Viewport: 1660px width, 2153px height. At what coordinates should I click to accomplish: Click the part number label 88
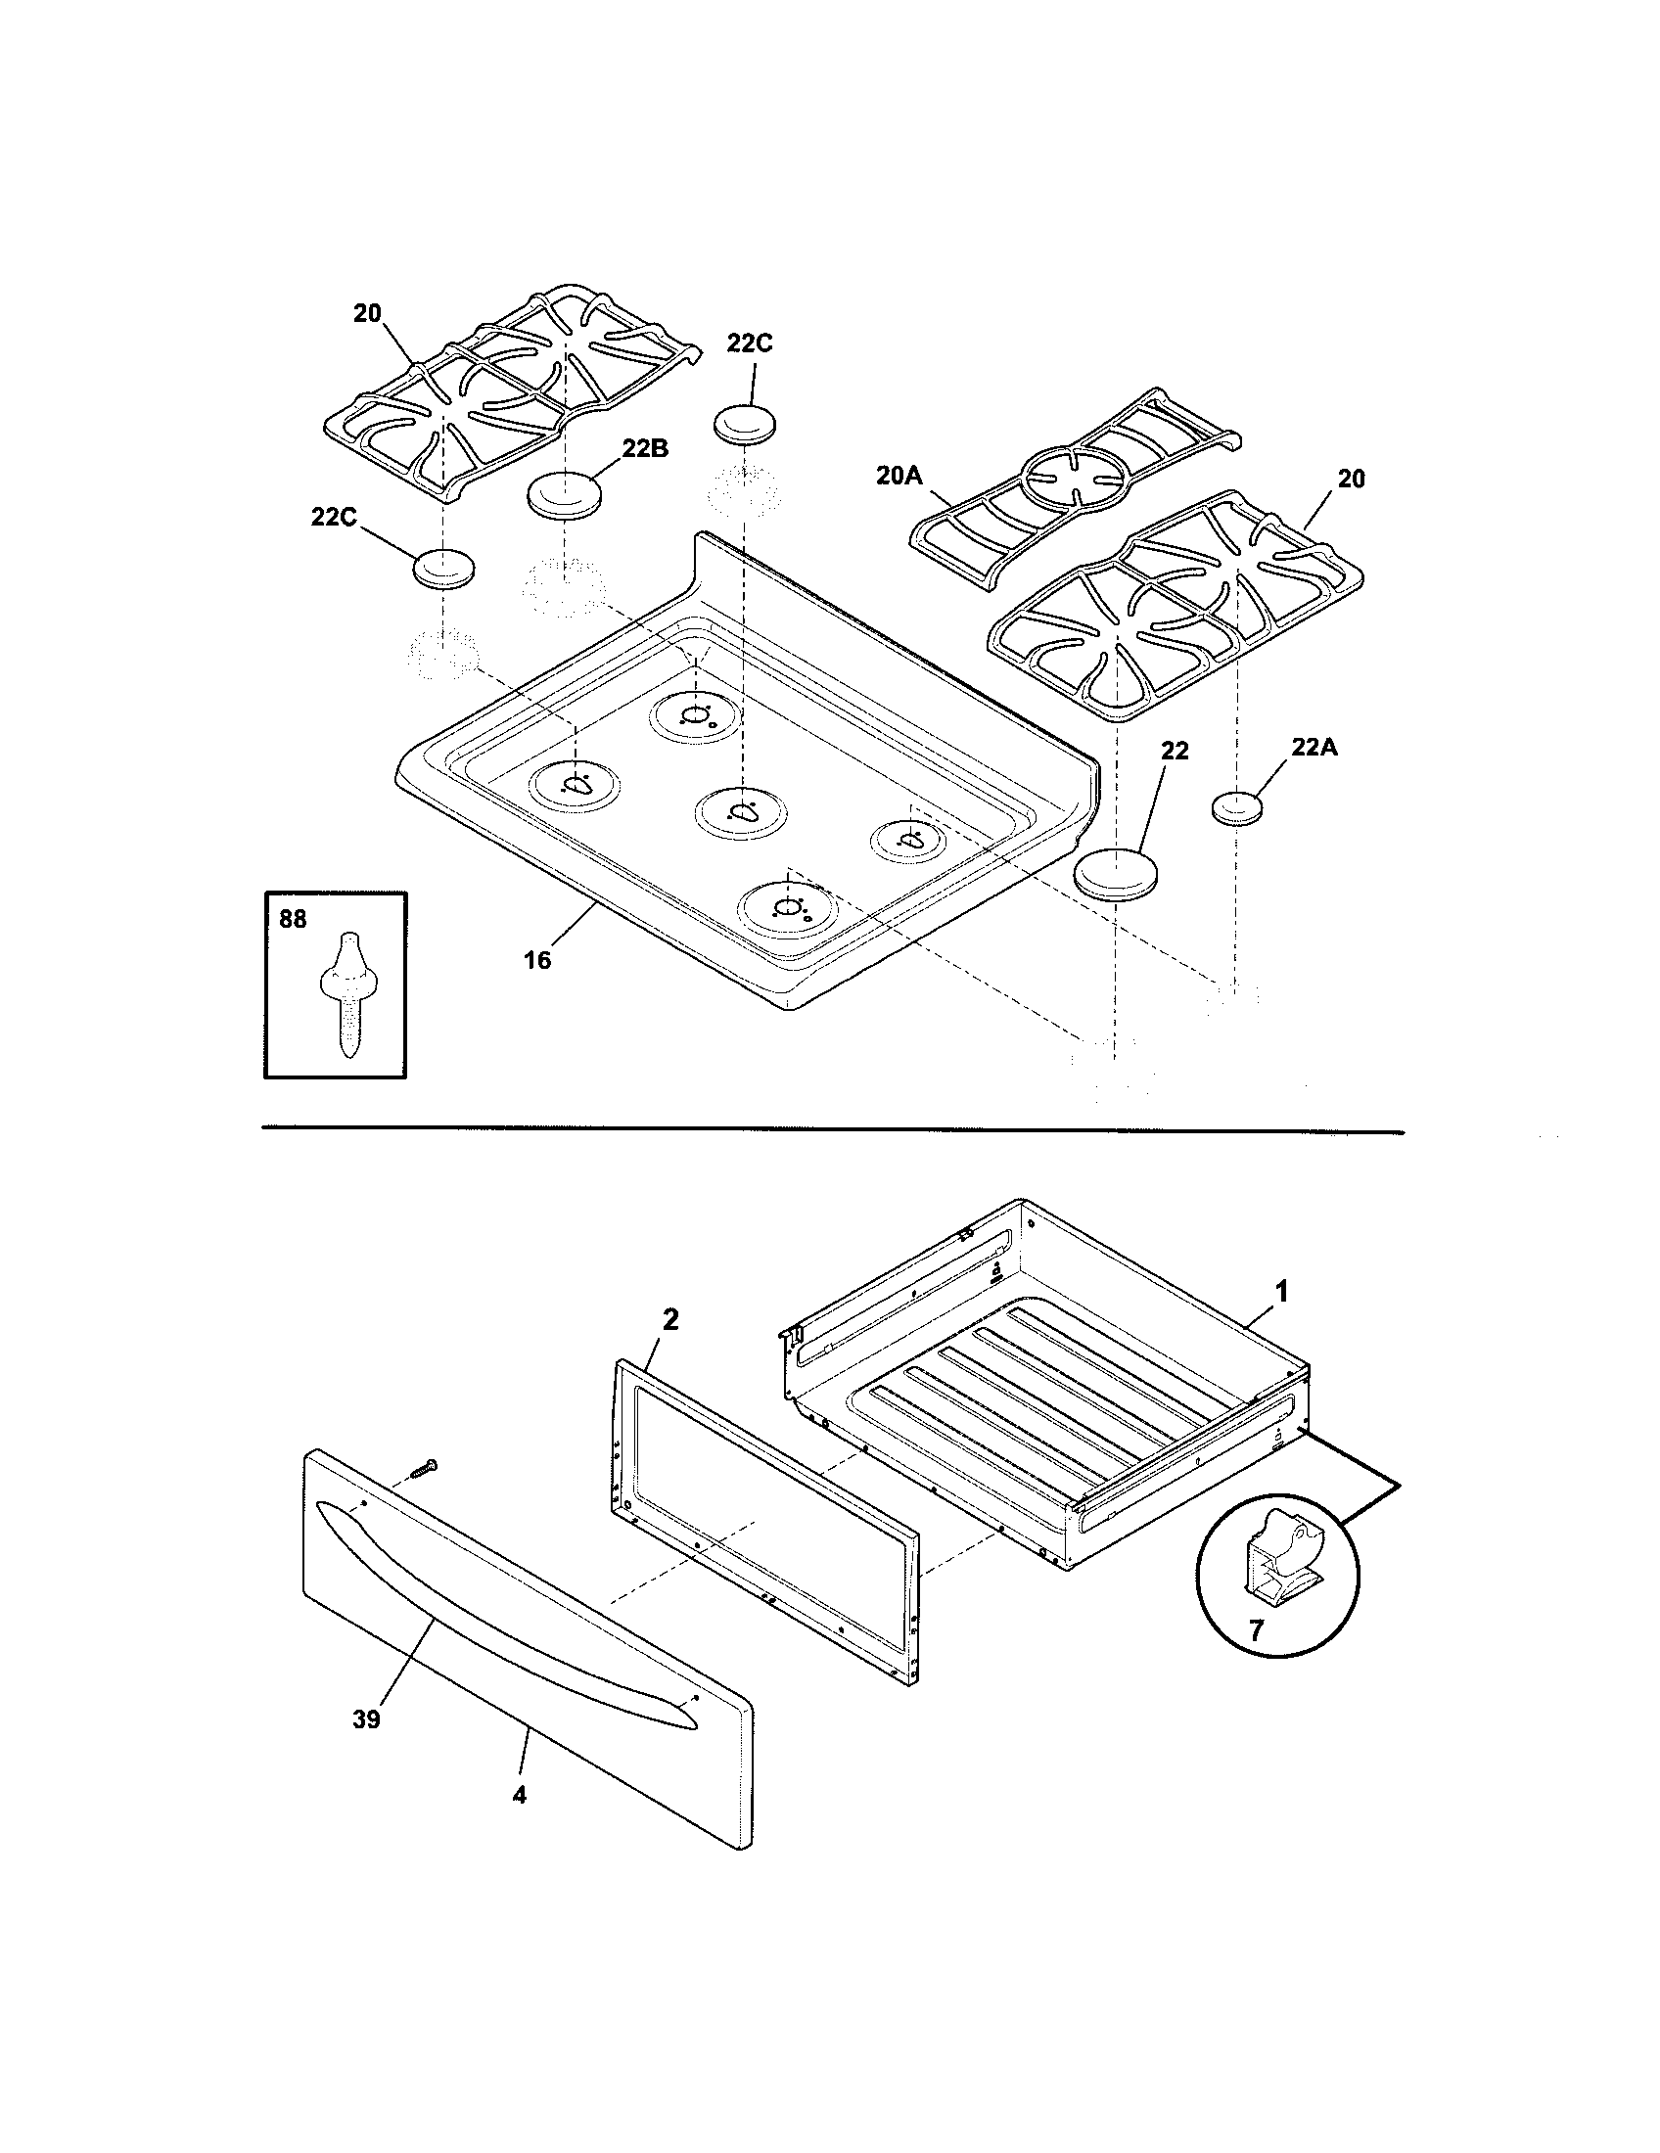tap(293, 919)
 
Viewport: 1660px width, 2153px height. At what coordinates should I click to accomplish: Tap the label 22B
tap(645, 448)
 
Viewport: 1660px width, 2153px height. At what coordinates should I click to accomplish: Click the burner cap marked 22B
tap(566, 494)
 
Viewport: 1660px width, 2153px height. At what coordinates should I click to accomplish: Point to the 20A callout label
tap(898, 477)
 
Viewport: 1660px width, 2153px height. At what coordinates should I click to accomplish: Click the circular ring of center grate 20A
tap(1068, 480)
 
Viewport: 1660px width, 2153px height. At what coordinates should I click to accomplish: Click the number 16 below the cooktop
tap(536, 959)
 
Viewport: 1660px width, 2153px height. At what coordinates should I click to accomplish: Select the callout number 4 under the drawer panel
tap(519, 1795)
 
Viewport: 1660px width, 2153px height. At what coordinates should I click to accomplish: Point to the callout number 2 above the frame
tap(669, 1320)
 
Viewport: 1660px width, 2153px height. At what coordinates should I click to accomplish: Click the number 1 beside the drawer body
tap(1281, 1291)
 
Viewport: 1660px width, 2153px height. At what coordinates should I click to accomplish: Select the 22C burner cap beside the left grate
tap(442, 569)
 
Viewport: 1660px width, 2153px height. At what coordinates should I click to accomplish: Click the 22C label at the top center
tap(749, 344)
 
